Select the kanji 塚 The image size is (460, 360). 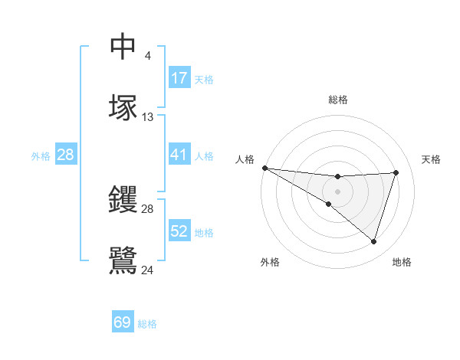click(x=123, y=107)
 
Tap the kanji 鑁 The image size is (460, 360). click(x=123, y=200)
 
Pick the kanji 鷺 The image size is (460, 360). click(x=123, y=260)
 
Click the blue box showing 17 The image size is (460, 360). click(x=179, y=78)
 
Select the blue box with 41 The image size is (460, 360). click(x=179, y=155)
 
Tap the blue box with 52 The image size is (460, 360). click(x=179, y=231)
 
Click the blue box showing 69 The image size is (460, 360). click(x=123, y=322)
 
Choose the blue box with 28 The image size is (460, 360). click(x=66, y=155)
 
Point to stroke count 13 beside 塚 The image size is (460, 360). click(x=148, y=117)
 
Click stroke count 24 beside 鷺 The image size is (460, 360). click(x=148, y=270)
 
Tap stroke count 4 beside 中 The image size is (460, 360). click(x=147, y=56)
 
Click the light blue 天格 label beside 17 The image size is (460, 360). click(x=204, y=79)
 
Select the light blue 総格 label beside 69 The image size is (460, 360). click(x=147, y=323)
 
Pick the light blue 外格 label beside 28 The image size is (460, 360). click(x=41, y=155)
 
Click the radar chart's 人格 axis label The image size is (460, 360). click(x=245, y=159)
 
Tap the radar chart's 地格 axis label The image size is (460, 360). click(x=402, y=262)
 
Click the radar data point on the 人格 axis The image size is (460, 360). click(x=264, y=167)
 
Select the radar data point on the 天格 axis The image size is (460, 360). click(x=396, y=172)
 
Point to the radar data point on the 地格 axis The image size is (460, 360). click(x=373, y=242)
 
